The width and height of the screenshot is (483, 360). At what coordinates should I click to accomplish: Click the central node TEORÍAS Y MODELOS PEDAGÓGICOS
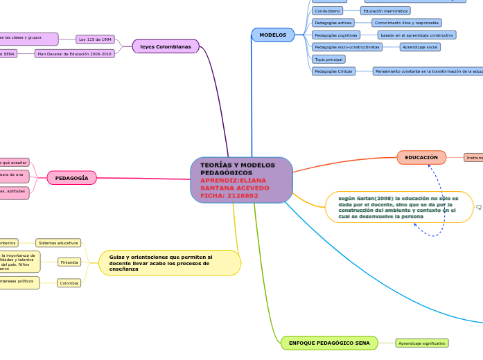[241, 180]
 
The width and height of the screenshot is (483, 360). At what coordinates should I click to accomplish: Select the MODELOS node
[272, 35]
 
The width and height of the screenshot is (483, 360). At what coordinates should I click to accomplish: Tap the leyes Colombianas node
[165, 46]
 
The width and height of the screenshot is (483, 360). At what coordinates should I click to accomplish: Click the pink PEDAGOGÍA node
[72, 178]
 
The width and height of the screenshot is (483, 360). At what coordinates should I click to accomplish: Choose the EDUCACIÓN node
[421, 157]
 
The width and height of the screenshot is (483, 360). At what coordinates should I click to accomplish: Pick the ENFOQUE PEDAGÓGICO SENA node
[329, 343]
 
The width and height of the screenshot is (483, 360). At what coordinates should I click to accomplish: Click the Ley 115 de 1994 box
[95, 39]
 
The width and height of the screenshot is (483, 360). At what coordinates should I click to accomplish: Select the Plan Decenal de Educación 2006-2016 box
[74, 53]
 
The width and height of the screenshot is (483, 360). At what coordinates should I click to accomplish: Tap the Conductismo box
[327, 11]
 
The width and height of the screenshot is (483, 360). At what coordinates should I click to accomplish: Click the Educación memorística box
[385, 11]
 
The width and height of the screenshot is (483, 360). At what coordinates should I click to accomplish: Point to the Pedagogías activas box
[333, 23]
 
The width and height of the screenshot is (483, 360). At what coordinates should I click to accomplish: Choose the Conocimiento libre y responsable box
[406, 23]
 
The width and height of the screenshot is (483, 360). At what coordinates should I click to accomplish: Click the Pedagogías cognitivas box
[336, 35]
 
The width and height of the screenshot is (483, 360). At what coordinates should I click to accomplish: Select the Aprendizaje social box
[420, 47]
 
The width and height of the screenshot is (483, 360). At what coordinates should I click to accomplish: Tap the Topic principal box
[328, 60]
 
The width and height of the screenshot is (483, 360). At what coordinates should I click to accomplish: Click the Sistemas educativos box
[58, 243]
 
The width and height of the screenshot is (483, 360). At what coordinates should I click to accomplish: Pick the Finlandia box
[69, 262]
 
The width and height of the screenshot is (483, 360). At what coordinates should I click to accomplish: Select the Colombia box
[69, 283]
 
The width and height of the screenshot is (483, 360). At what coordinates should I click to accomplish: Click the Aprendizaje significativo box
[422, 343]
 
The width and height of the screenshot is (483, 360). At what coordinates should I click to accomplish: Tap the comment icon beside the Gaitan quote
[479, 207]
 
